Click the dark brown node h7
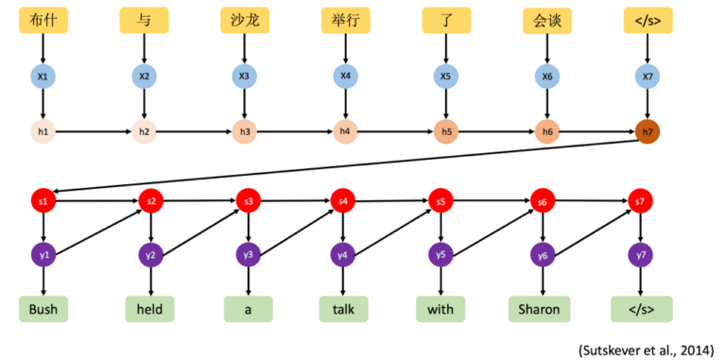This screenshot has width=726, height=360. [x=648, y=132]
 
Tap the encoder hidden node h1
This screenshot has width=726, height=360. [x=43, y=132]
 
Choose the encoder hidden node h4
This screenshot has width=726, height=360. [x=345, y=132]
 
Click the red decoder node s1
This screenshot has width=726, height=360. [x=43, y=201]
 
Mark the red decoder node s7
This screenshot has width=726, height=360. [x=640, y=201]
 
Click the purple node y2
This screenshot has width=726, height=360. [x=150, y=254]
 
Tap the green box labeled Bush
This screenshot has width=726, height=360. [x=43, y=309]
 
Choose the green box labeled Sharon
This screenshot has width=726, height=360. [x=539, y=309]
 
